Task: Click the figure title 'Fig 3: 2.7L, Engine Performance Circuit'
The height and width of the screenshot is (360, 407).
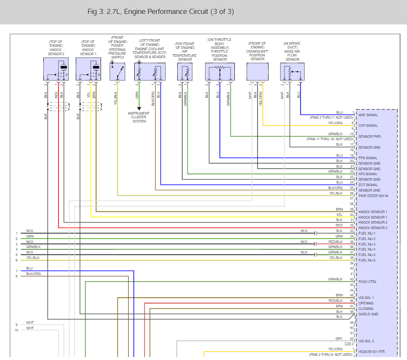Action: tap(160, 12)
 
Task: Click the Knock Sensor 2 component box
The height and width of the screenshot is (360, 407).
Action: tap(56, 69)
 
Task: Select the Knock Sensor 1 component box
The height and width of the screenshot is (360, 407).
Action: tap(88, 69)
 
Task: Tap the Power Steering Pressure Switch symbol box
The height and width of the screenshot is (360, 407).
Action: tap(117, 71)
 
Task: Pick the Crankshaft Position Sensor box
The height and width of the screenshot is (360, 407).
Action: tap(257, 71)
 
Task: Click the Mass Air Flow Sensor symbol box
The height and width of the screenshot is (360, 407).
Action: tap(292, 71)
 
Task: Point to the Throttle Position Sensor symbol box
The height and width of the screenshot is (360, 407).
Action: tap(219, 71)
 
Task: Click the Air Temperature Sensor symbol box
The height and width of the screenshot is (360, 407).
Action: tap(185, 71)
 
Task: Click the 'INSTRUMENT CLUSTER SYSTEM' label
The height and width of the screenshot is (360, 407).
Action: tap(139, 117)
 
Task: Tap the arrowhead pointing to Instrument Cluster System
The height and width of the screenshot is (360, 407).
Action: tap(139, 108)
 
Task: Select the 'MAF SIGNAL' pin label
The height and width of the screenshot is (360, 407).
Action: tap(368, 115)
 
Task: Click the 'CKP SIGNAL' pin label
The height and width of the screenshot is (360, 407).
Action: tap(368, 125)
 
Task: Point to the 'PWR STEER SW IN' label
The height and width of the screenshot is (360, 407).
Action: tap(373, 196)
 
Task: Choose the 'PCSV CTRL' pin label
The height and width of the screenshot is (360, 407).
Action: tap(368, 282)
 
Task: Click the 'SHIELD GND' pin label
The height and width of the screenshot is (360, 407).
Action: tap(368, 314)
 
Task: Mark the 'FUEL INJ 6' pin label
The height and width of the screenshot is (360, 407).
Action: tap(367, 260)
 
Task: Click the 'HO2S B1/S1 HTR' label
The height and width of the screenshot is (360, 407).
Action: tap(372, 352)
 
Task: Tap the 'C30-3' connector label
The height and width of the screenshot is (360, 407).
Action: tap(349, 344)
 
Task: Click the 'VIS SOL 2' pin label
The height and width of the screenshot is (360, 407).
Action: tap(366, 341)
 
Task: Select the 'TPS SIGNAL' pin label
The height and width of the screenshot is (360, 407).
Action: tap(368, 158)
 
